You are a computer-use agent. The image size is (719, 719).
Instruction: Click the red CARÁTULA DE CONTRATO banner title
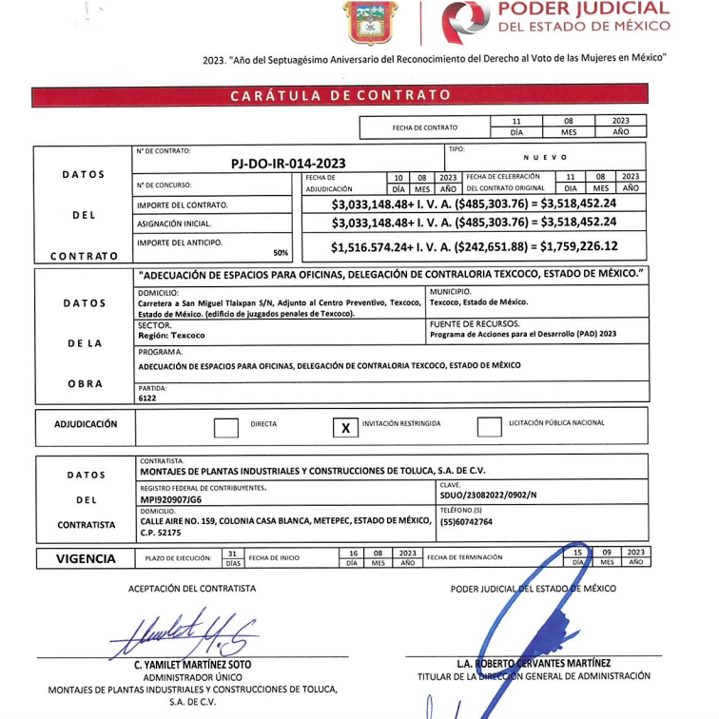(340, 95)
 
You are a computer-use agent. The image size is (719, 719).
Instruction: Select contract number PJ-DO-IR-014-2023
(288, 163)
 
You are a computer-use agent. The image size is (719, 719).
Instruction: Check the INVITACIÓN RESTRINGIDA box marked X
(345, 428)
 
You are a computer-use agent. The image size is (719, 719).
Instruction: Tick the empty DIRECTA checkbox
(225, 428)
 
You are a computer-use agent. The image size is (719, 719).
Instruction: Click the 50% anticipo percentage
(281, 253)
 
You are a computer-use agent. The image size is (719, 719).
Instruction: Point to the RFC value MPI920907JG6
(171, 497)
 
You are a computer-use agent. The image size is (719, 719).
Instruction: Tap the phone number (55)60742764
(466, 522)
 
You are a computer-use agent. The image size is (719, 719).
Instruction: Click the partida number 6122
(147, 398)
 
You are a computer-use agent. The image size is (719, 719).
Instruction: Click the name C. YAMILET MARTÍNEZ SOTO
(193, 664)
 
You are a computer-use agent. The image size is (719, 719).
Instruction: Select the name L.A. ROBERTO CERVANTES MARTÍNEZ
(534, 663)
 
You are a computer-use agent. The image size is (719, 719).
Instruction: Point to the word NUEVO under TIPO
(545, 157)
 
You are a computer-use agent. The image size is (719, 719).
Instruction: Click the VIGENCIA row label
(86, 558)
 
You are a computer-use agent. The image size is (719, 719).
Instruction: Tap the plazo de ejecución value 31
(232, 553)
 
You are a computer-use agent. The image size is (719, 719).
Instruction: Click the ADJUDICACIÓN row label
(86, 425)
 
